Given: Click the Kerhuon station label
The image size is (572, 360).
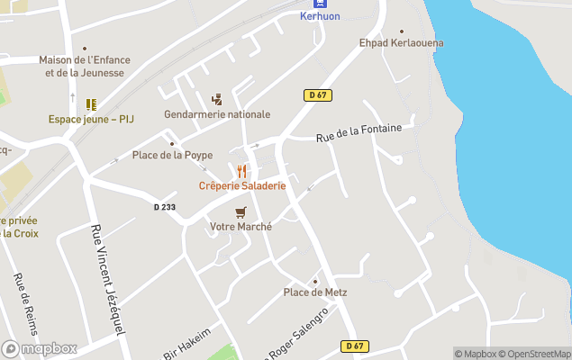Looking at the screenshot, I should coord(320,17).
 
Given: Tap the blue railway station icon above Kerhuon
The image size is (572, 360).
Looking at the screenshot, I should coord(320,4).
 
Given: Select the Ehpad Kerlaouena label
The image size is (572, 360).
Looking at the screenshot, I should coord(401,42).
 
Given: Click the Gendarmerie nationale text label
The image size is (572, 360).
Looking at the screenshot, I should coord(217,114).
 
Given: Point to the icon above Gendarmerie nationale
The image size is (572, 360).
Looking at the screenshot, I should coord(216,99).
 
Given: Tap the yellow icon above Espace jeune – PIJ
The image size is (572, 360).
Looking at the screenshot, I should coord(91,103).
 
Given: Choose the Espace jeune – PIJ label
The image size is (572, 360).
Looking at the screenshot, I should coord(91,119).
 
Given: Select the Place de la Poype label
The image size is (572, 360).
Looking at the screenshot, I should coord(172,155).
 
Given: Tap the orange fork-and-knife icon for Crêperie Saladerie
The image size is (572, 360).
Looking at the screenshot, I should coord(241,171).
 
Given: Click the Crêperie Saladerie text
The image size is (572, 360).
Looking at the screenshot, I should coord(242,185).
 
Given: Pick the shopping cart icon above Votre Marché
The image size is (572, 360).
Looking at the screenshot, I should coord(241,212).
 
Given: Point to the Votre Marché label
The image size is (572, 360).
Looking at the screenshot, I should coord(241,227).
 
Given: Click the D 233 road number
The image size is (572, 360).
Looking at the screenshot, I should coord(165,207).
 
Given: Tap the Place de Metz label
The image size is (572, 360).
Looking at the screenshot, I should coord(315,292).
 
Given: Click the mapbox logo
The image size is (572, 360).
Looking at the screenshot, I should coord(39,348).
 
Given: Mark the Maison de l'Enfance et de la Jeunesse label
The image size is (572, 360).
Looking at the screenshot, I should coord(85,66).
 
